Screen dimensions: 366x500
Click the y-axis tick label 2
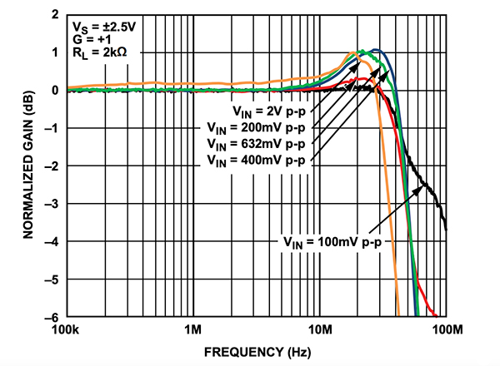[x=55, y=16]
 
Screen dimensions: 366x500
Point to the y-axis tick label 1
[x=55, y=53]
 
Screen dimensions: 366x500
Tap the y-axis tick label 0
[x=55, y=91]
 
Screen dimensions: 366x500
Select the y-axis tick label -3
[x=52, y=204]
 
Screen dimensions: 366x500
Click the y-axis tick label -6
[x=52, y=317]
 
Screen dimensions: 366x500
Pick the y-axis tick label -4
[x=52, y=241]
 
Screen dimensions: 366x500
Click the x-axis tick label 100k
[x=67, y=331]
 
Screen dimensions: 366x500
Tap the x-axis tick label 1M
[x=193, y=331]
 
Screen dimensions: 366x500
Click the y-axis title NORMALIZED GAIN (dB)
[x=28, y=166]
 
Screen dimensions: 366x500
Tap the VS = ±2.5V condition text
[x=98, y=25]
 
